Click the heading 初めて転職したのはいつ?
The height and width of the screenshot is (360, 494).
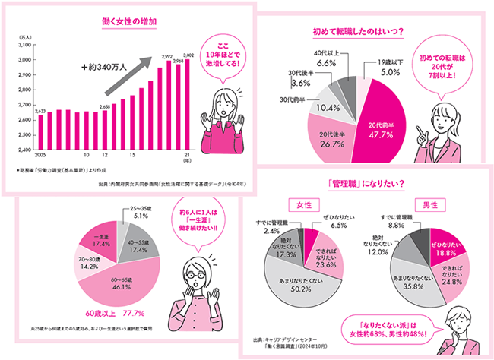coord(357,32)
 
